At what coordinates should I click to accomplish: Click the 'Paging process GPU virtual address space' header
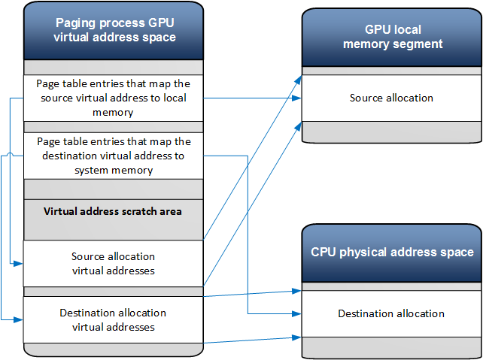[113, 30]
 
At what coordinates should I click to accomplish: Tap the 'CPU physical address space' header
[392, 252]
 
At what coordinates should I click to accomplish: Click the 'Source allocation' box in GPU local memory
[392, 98]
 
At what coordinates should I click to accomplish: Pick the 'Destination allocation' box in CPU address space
[392, 313]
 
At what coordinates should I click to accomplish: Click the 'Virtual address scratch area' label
[113, 211]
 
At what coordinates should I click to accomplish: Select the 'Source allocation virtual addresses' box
[113, 263]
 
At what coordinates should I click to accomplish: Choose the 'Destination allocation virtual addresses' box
[113, 319]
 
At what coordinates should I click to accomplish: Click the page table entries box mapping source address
[113, 98]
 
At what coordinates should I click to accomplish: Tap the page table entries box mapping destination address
[113, 156]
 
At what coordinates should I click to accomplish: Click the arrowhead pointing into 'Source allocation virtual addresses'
[20, 264]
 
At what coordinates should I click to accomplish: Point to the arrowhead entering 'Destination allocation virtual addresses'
[20, 320]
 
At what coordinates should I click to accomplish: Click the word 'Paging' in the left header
[79, 23]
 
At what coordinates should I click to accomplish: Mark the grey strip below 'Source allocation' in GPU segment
[392, 132]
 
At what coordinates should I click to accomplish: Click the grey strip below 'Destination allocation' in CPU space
[392, 346]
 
